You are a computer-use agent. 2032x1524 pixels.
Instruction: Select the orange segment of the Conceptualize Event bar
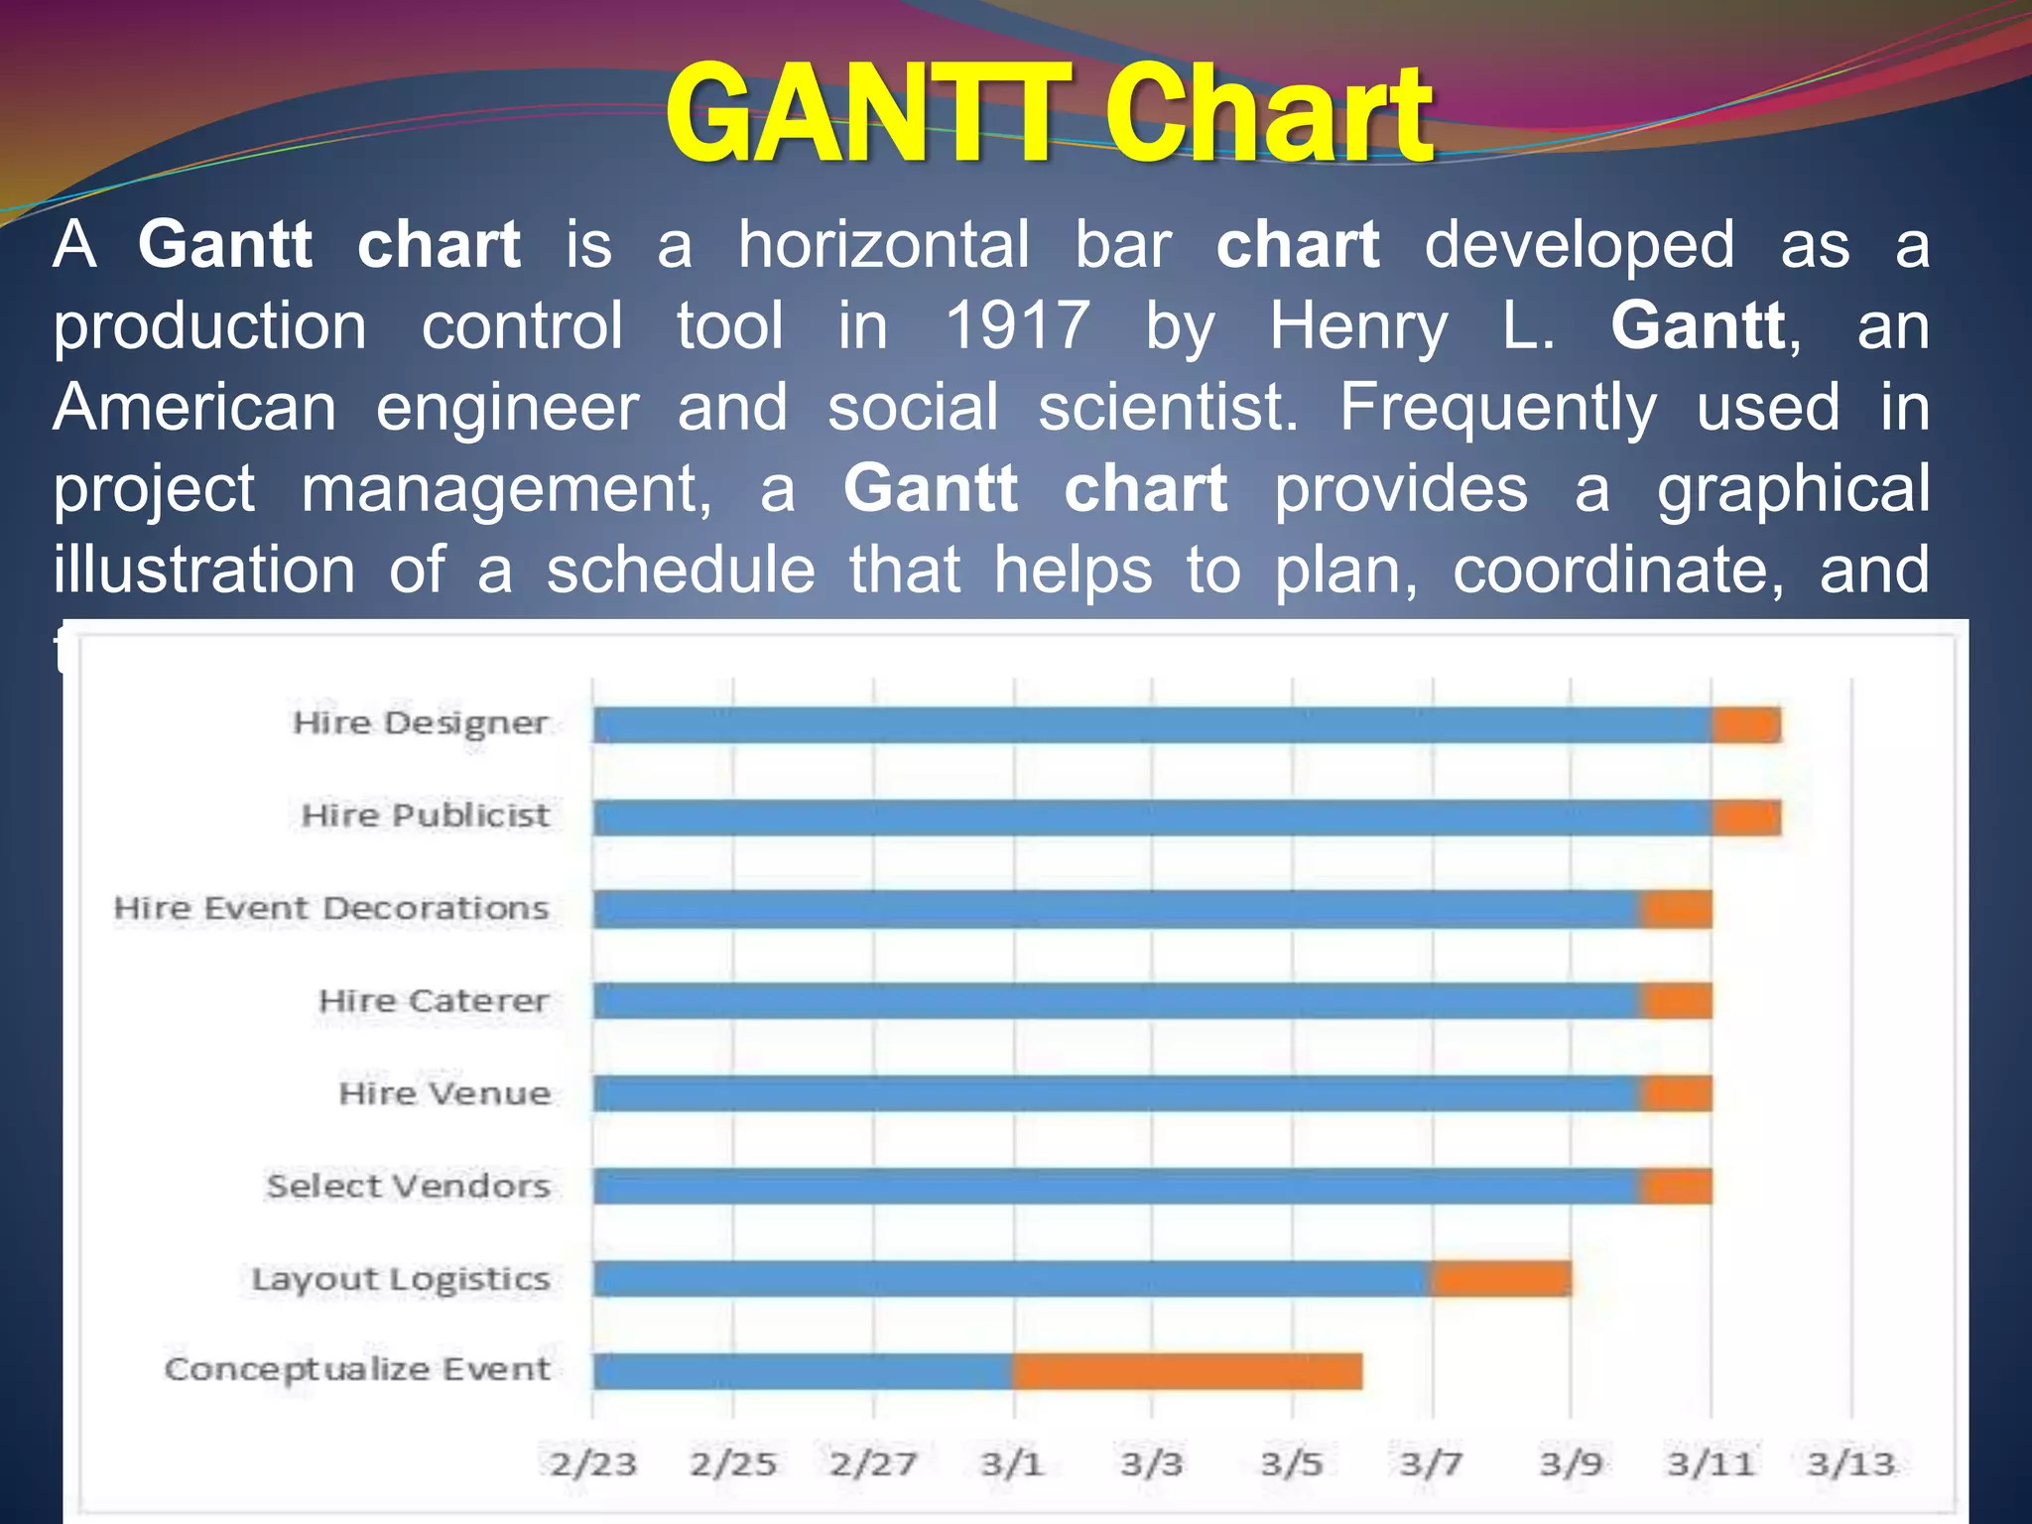1187,1371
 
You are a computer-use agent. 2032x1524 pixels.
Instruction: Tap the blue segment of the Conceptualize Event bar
803,1371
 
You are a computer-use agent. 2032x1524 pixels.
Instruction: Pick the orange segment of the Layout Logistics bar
1500,1279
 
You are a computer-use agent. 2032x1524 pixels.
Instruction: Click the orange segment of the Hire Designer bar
1746,725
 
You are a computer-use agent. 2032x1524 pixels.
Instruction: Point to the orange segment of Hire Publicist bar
1746,819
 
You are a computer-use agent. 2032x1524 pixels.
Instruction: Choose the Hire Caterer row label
434,1001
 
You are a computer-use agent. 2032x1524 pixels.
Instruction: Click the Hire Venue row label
444,1093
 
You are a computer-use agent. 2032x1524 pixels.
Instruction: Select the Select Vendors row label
408,1186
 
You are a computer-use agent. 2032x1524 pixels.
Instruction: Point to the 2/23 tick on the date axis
593,1463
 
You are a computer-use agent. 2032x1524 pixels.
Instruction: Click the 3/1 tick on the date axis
1012,1463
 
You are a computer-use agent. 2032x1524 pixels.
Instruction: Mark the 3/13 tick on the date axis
1851,1463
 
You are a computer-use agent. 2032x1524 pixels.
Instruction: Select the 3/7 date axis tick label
1432,1463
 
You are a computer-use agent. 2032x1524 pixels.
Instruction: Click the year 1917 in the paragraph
1017,325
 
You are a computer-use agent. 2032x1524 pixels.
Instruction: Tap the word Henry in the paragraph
1358,325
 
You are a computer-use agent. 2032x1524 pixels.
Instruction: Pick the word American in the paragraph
194,407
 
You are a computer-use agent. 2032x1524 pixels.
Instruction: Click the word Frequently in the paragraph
1498,409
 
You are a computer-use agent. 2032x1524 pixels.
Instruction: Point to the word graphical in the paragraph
1793,490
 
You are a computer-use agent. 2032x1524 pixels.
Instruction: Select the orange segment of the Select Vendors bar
1676,1187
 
